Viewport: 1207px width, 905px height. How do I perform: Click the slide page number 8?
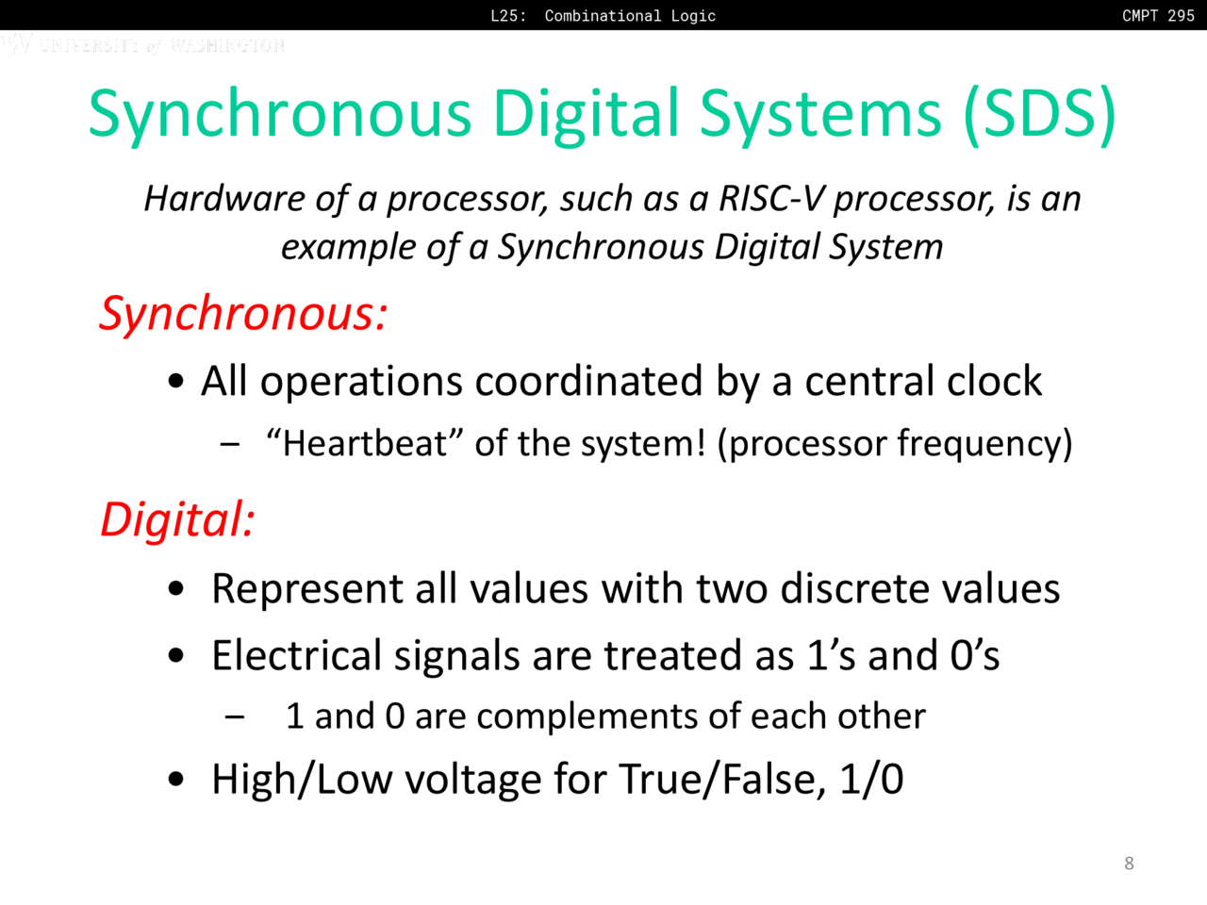[x=1129, y=864]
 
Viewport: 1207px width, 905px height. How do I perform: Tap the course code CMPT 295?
[x=1158, y=15]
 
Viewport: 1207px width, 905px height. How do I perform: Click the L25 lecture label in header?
[x=508, y=15]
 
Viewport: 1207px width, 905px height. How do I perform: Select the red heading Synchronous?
[x=243, y=314]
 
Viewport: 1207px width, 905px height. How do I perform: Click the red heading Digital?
[x=177, y=519]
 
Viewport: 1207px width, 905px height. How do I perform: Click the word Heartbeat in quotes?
[x=365, y=443]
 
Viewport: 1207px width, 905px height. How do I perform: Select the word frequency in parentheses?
[x=980, y=445]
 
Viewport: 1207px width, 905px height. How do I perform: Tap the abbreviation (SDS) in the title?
[x=1040, y=114]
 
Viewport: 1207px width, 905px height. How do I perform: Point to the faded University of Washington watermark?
[x=143, y=44]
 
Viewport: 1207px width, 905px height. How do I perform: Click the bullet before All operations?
[x=175, y=381]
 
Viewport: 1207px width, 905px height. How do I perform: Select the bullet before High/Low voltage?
[x=175, y=779]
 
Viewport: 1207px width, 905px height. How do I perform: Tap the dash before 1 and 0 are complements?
[x=235, y=716]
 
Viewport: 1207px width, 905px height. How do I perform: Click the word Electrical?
[x=297, y=655]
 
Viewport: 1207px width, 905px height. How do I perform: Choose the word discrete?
[x=855, y=588]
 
